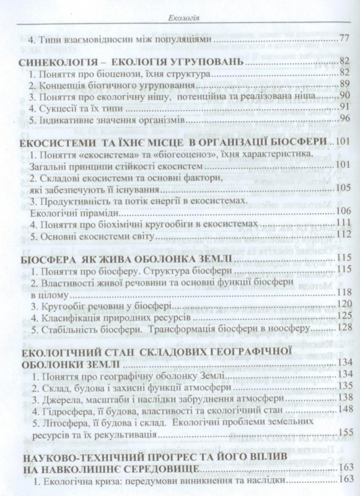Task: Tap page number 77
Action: coord(346,40)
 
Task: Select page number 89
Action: coord(346,84)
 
